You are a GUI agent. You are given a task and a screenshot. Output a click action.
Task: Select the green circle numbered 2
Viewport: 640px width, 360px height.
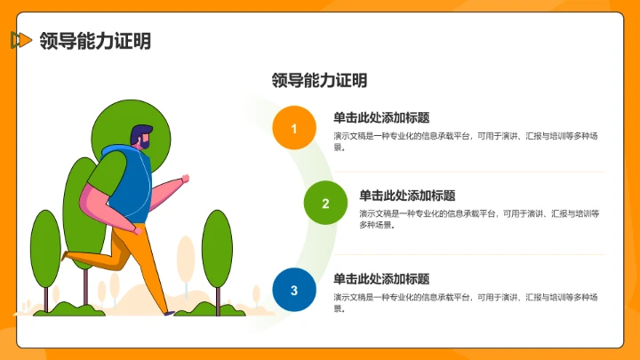tap(325, 204)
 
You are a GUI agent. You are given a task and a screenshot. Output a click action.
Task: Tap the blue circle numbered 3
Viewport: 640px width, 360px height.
tap(294, 290)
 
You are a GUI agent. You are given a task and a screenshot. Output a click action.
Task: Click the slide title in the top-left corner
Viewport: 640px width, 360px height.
tap(95, 40)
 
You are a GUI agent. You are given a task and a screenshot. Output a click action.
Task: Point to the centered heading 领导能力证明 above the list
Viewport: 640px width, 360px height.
tap(319, 80)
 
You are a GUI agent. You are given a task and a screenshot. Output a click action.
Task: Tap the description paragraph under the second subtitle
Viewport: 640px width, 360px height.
tap(479, 219)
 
